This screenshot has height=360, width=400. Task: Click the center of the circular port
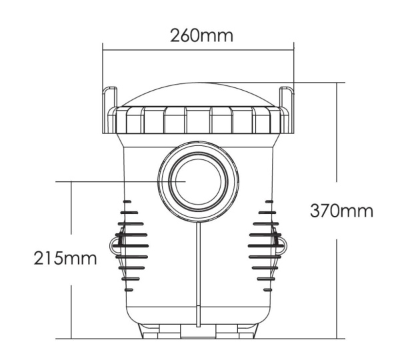click(x=199, y=180)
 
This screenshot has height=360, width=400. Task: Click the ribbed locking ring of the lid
click(x=198, y=120)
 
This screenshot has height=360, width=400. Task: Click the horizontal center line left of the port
click(x=107, y=181)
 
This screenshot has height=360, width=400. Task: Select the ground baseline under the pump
click(x=200, y=339)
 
